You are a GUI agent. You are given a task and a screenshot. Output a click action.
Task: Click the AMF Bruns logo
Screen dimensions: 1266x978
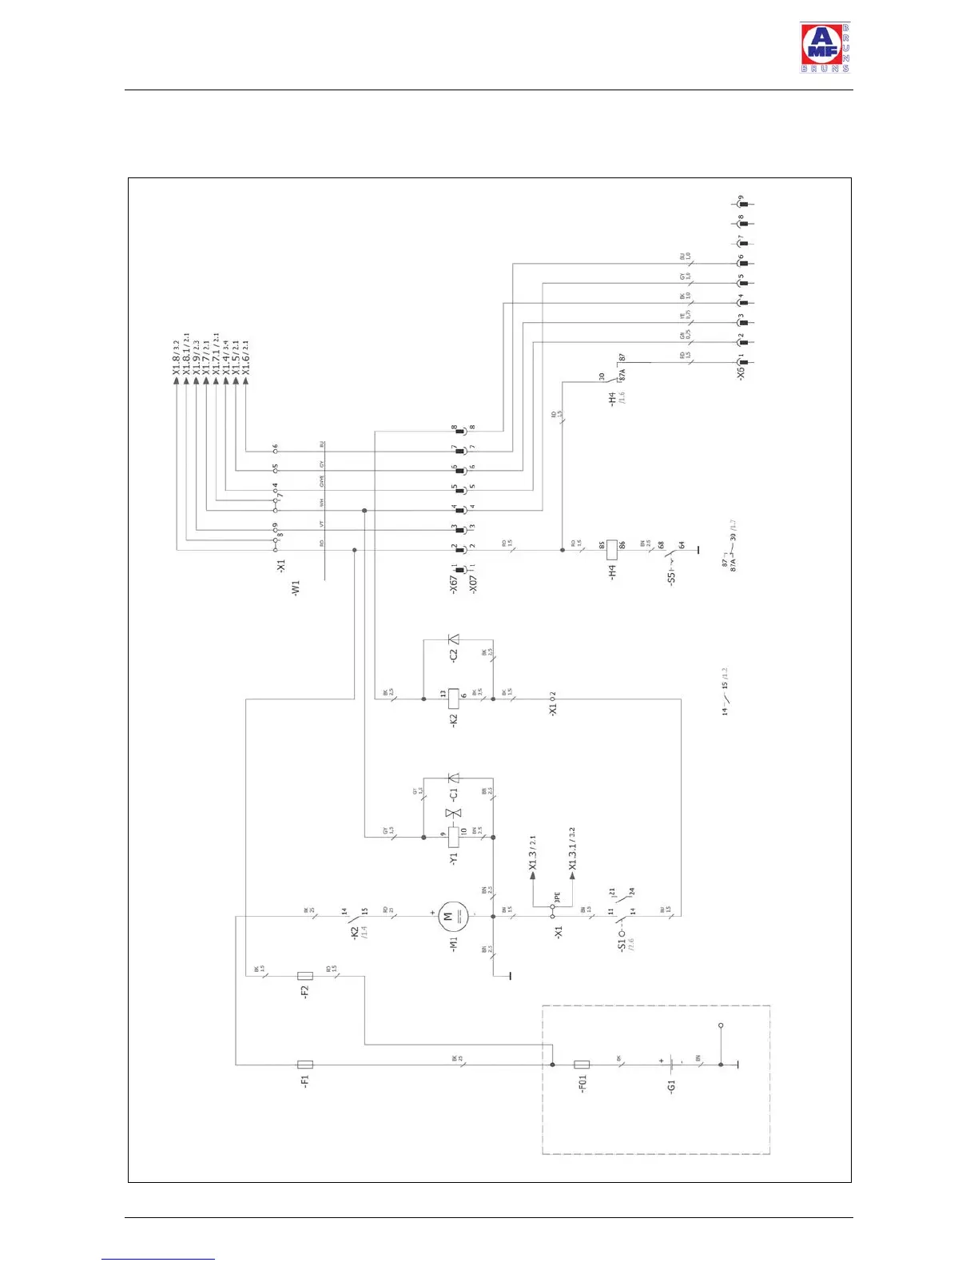[x=825, y=48]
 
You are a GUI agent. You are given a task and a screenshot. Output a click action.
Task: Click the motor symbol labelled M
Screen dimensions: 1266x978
[x=448, y=916]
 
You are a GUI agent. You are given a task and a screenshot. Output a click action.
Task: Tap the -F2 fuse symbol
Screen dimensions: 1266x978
[x=304, y=976]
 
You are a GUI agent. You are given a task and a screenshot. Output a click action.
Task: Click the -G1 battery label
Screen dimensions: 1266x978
[x=671, y=1086]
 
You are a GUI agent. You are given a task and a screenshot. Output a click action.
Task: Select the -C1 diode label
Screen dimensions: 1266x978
[x=453, y=794]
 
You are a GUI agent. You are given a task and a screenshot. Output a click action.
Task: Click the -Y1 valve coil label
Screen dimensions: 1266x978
[x=453, y=859]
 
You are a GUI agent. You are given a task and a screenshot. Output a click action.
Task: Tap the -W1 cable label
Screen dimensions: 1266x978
[x=296, y=589]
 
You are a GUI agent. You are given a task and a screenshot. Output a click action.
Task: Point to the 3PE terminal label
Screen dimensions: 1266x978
[x=558, y=898]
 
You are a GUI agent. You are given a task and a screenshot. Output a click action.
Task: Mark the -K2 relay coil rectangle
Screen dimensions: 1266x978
[x=453, y=699]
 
